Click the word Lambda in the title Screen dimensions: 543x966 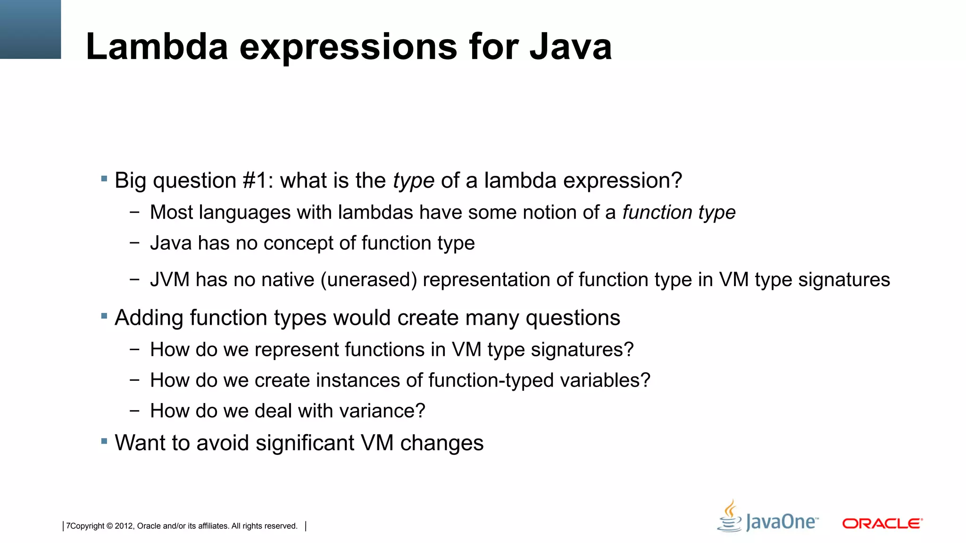[x=157, y=47]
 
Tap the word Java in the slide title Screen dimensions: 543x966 [x=570, y=47]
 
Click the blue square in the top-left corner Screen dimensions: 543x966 [x=30, y=29]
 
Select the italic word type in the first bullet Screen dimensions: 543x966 [x=413, y=181]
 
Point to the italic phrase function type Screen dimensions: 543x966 [x=679, y=213]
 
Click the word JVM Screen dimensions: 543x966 [x=169, y=280]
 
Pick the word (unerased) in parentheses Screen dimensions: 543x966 [x=369, y=280]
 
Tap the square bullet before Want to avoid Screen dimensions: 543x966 [x=104, y=441]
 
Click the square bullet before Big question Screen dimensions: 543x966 [x=104, y=179]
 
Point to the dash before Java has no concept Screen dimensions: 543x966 [x=135, y=243]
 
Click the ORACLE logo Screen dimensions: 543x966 [x=882, y=524]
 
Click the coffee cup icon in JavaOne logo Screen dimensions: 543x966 [x=730, y=516]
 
